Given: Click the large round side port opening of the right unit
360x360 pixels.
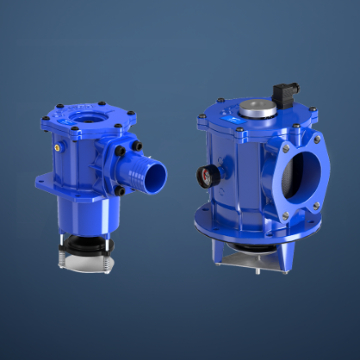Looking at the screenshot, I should pos(301,175).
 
